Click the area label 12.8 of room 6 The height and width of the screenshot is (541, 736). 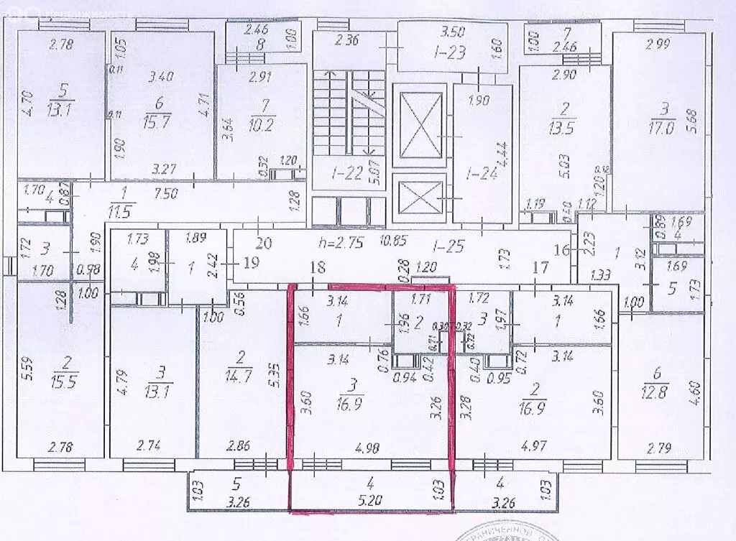click(x=655, y=391)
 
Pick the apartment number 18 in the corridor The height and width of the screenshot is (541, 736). click(x=318, y=267)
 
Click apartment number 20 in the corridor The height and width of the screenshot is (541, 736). click(x=264, y=244)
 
